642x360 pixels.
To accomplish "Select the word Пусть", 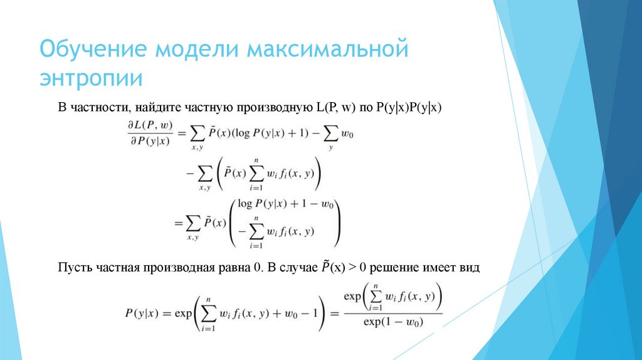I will pyautogui.click(x=75, y=267).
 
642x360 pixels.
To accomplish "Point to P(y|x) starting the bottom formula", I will pyautogui.click(x=143, y=313).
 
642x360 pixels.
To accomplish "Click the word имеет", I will pyautogui.click(x=439, y=267).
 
